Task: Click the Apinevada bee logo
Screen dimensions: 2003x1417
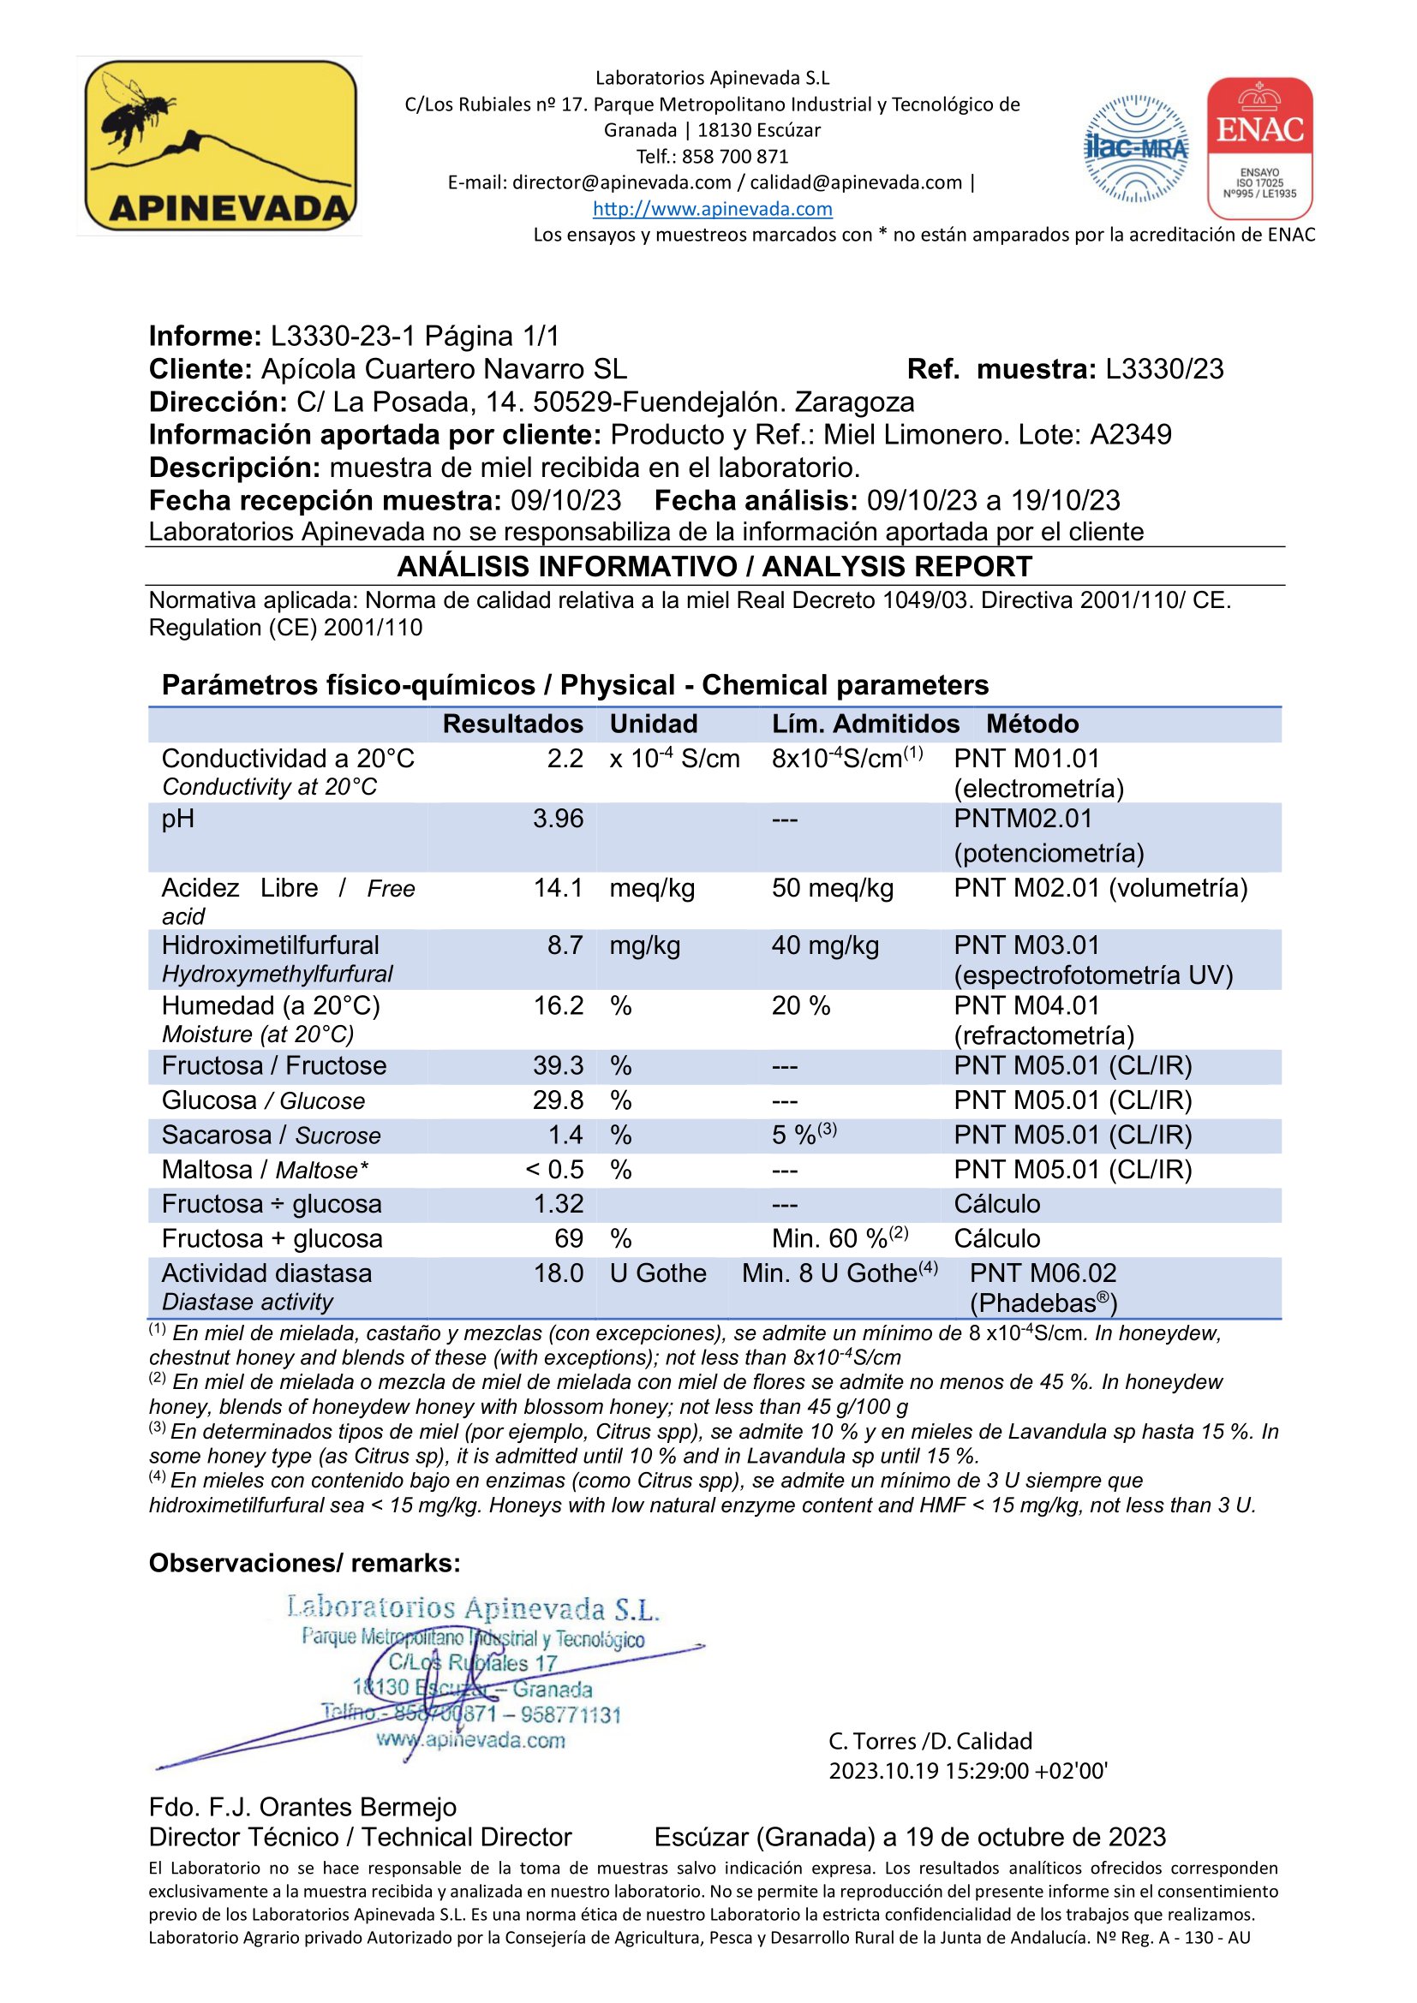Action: point(219,145)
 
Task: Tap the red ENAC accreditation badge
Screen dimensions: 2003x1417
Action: point(1259,148)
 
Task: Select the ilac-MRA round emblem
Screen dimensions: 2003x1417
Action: point(1135,149)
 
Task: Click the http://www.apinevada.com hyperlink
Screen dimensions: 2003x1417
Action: point(712,208)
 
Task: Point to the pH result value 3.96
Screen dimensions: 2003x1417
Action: point(558,819)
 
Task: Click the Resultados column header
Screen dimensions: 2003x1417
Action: point(512,724)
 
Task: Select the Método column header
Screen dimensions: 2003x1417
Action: point(1031,724)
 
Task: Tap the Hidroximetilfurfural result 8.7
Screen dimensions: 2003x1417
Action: point(565,945)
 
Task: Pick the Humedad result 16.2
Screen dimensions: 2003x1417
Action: point(558,1005)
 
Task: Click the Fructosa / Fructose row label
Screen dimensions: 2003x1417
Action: point(273,1065)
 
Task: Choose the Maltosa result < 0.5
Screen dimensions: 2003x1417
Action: point(554,1169)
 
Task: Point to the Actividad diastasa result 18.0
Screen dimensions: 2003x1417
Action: point(558,1273)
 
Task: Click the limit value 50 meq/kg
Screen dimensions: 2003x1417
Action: point(832,888)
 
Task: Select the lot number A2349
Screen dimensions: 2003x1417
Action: point(1130,434)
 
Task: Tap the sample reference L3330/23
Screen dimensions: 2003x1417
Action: point(1164,369)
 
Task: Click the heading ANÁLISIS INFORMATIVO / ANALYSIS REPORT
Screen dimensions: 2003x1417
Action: point(714,566)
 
